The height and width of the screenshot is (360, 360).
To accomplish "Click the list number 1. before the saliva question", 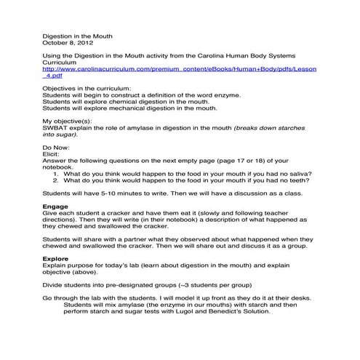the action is point(57,174).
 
